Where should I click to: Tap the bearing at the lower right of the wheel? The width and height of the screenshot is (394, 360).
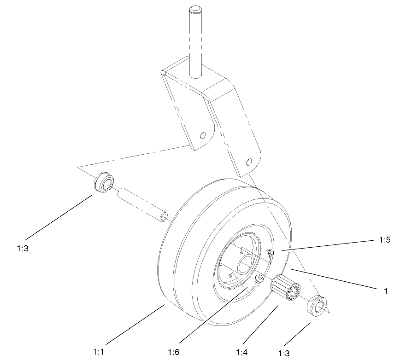pos(317,305)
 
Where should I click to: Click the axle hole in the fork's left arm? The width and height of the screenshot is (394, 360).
pos(202,136)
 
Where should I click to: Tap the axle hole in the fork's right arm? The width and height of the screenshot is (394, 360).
pos(249,162)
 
